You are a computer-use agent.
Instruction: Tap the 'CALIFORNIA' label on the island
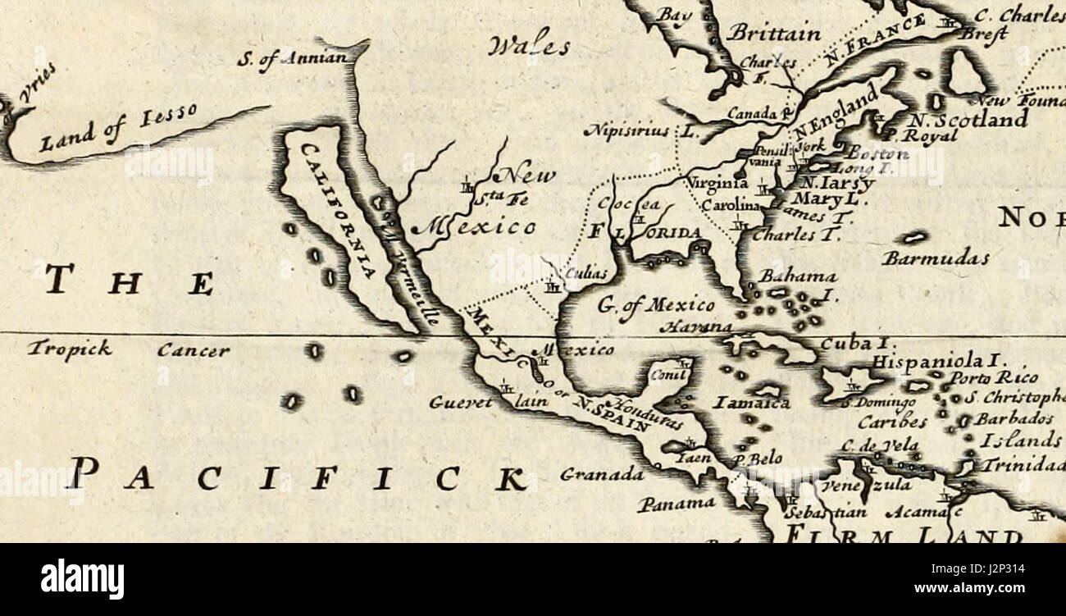pyautogui.click(x=338, y=209)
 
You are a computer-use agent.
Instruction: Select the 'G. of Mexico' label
pyautogui.click(x=655, y=306)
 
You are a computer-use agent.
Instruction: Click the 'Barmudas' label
pyautogui.click(x=935, y=258)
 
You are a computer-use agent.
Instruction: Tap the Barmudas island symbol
pyautogui.click(x=912, y=237)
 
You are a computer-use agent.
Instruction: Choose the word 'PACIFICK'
pyautogui.click(x=295, y=478)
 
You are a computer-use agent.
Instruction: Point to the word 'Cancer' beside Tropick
pyautogui.click(x=194, y=351)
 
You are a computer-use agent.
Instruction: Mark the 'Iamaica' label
pyautogui.click(x=751, y=403)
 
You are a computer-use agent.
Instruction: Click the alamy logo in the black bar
pyautogui.click(x=82, y=579)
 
